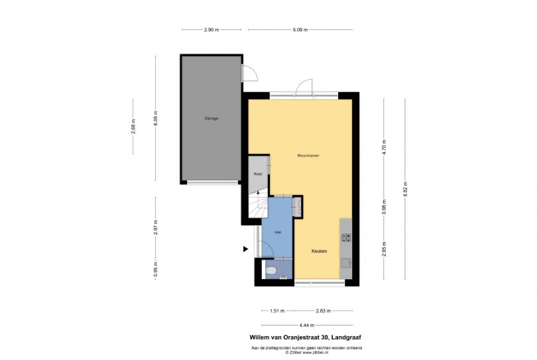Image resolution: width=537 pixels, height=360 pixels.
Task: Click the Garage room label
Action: [x=211, y=118]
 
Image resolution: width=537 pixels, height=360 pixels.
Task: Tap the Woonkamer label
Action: [x=308, y=155]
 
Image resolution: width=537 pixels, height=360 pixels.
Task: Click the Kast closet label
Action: [x=259, y=174]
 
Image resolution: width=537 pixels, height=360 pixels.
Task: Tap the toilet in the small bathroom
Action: [x=270, y=270]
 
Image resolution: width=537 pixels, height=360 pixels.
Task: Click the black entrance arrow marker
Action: [x=245, y=249]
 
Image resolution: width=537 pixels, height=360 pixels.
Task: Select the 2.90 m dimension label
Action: [x=211, y=30]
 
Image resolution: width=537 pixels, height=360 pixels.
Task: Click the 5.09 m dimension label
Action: [x=300, y=30]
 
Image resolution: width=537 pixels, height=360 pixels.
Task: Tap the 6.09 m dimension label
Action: [x=156, y=118]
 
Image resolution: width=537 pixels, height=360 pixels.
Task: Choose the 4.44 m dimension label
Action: [x=306, y=325]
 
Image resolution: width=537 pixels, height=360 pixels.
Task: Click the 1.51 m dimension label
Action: [x=278, y=310]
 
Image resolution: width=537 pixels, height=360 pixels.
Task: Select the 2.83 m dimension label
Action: [x=323, y=310]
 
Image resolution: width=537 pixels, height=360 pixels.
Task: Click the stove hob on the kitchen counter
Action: [x=345, y=237]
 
